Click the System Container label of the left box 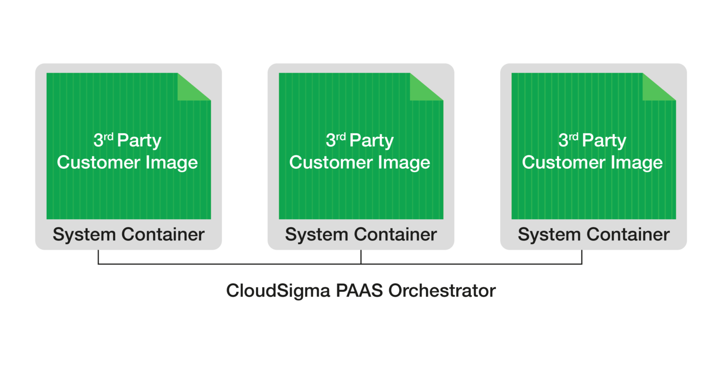pyautogui.click(x=129, y=235)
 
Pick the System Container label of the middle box pyautogui.click(x=361, y=235)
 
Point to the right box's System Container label pyautogui.click(x=593, y=235)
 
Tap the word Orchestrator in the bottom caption pyautogui.click(x=442, y=291)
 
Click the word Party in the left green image pyautogui.click(x=139, y=141)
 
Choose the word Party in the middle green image pyautogui.click(x=372, y=141)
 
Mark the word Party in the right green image pyautogui.click(x=604, y=141)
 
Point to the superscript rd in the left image pyautogui.click(x=109, y=137)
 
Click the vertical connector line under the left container pyautogui.click(x=98, y=257)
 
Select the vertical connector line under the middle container pyautogui.click(x=361, y=257)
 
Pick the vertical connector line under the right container pyautogui.click(x=582, y=257)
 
